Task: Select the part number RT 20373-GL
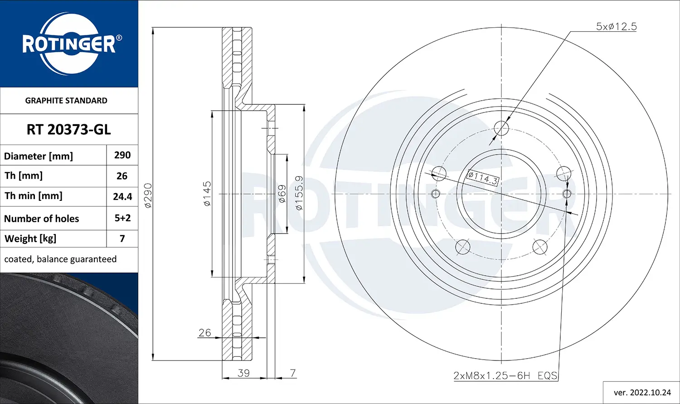(x=68, y=130)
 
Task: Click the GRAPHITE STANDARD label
(x=66, y=101)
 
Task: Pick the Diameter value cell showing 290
(x=122, y=155)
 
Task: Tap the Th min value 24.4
(x=122, y=197)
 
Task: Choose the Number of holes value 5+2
(x=122, y=218)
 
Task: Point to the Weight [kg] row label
(x=30, y=239)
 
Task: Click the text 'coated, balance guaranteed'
(x=60, y=259)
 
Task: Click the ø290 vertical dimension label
(x=148, y=195)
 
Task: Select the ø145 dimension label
(x=207, y=194)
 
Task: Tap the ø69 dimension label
(x=282, y=194)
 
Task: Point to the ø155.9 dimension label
(x=299, y=193)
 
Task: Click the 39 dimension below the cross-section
(x=243, y=373)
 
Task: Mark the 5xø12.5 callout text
(x=616, y=27)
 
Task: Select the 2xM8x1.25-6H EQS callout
(x=505, y=375)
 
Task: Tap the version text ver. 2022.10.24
(x=642, y=392)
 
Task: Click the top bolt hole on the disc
(x=501, y=128)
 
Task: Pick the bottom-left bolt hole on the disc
(x=463, y=247)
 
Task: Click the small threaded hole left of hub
(x=436, y=194)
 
